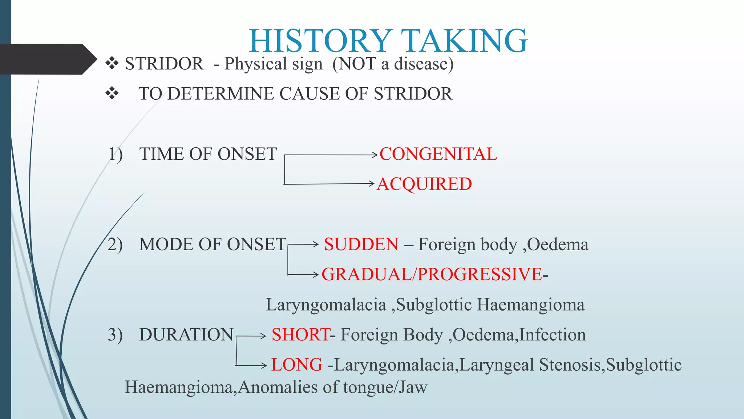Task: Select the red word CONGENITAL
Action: pos(438,154)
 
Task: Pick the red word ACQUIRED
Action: pos(424,184)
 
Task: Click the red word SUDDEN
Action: pos(361,244)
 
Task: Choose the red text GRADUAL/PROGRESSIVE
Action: pos(432,274)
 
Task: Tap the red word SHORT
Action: pos(300,335)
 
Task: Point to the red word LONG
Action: pos(297,365)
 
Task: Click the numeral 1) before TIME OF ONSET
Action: pos(116,154)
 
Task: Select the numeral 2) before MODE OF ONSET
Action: pos(115,244)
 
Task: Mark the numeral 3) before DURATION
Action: pos(115,335)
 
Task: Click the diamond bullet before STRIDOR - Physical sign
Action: pos(112,64)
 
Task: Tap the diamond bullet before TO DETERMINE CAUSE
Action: pos(112,94)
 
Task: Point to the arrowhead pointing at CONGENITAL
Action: pos(375,155)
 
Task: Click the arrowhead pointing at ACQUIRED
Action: pos(371,184)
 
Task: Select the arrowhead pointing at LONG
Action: pos(264,365)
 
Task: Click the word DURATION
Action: pos(186,335)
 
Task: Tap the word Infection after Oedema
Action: pos(553,335)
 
